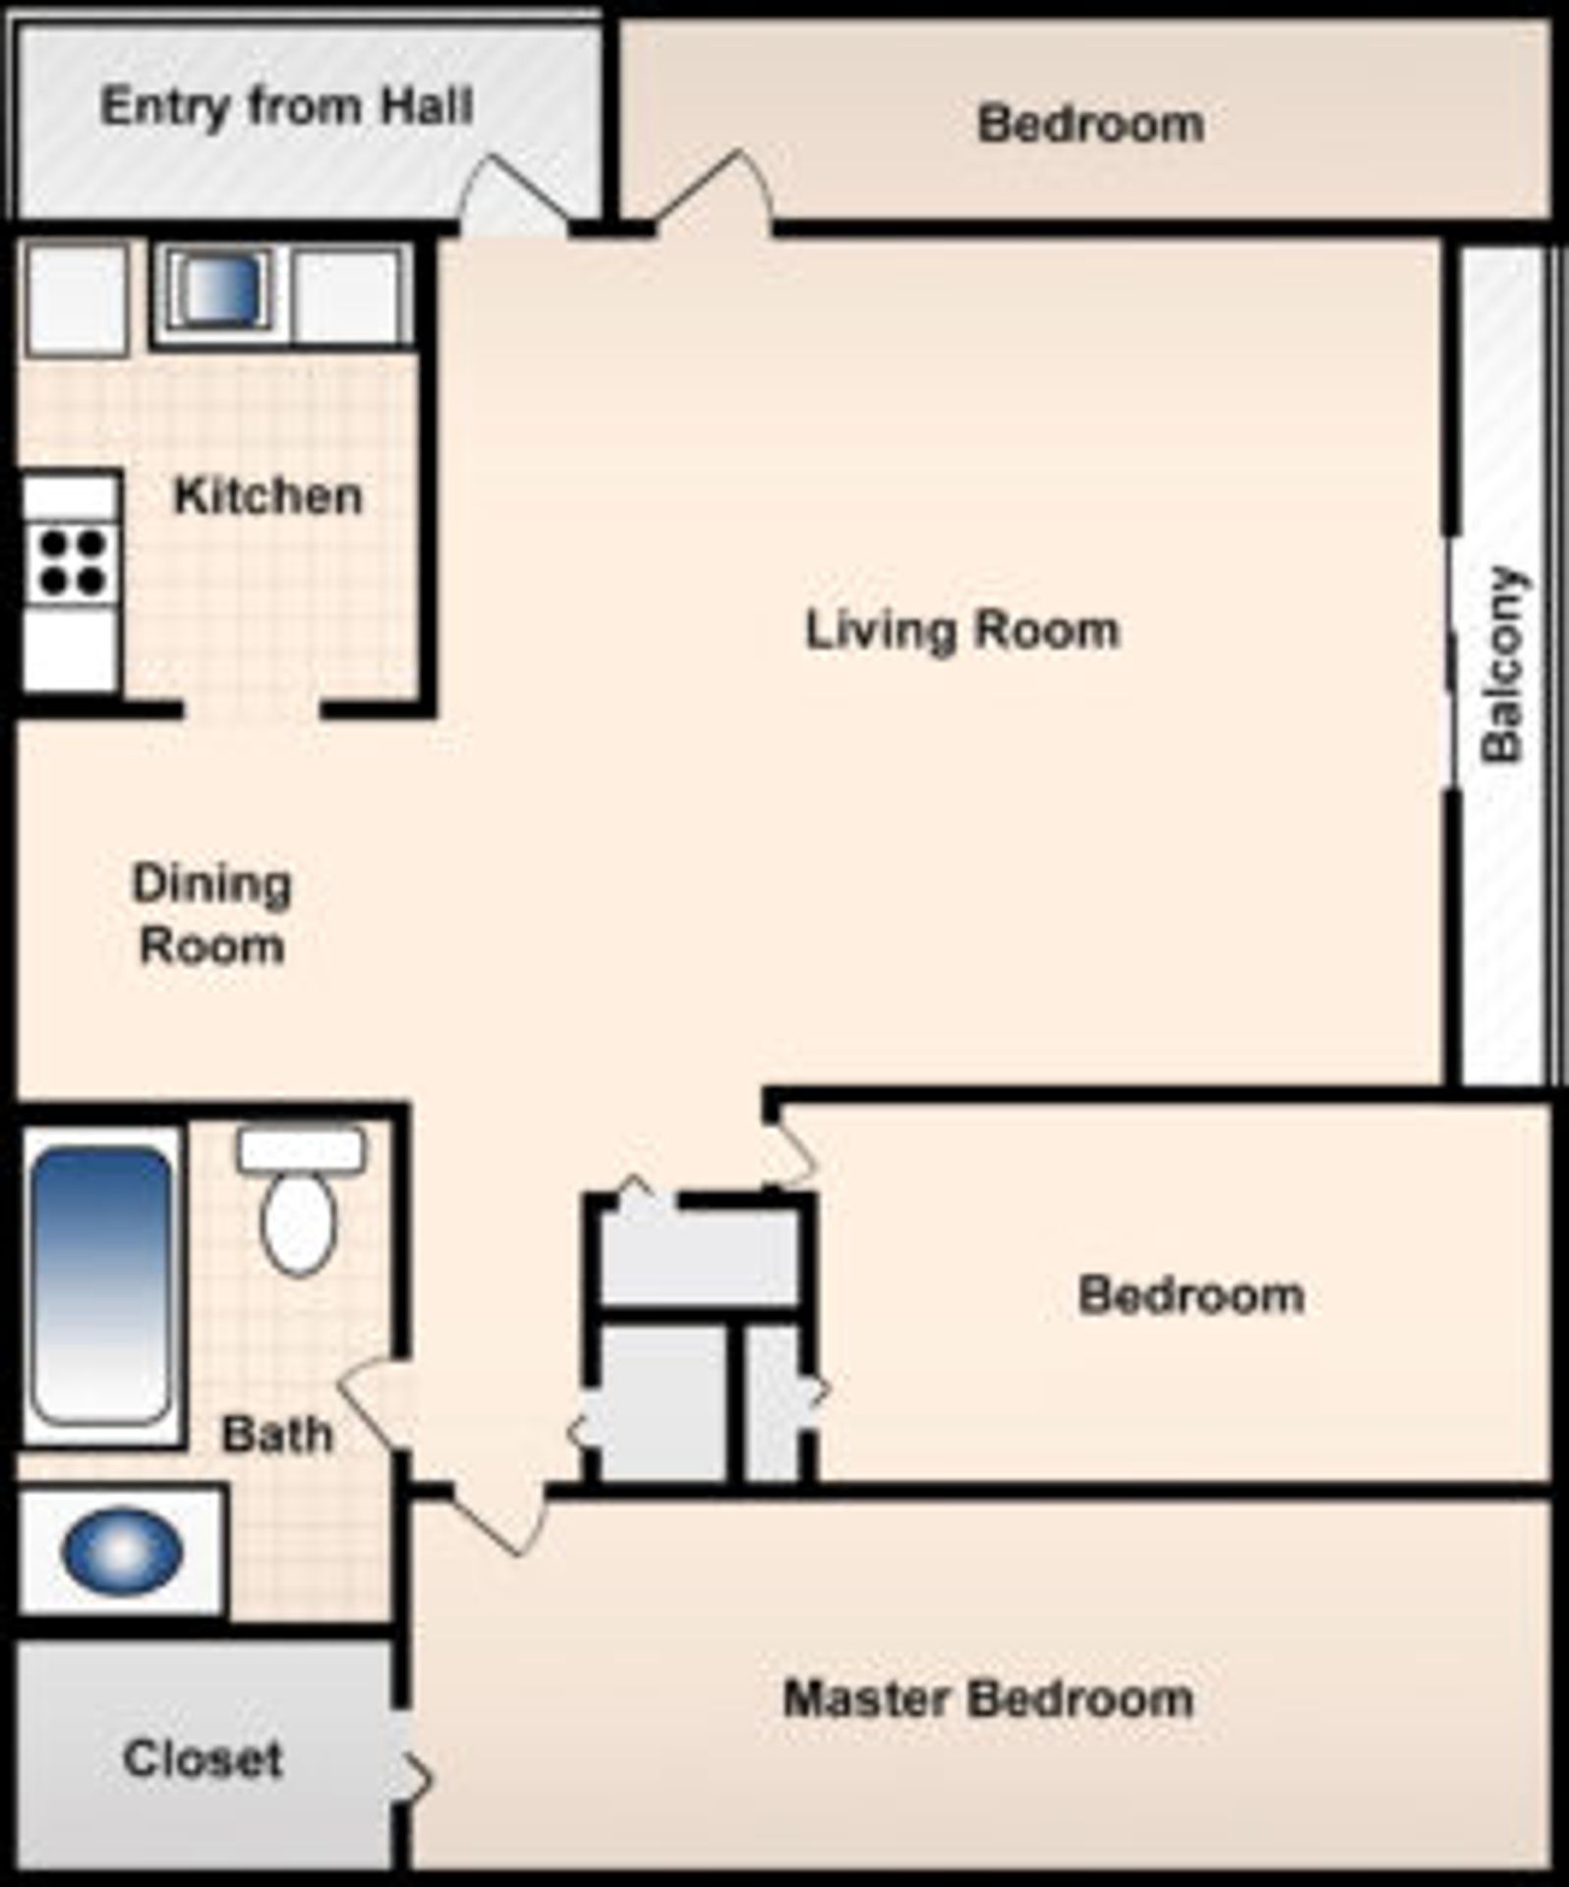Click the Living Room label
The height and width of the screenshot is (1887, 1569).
point(962,631)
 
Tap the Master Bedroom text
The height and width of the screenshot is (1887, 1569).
point(988,1698)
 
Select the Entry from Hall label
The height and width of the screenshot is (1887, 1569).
point(287,106)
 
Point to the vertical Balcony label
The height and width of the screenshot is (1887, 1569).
point(1502,664)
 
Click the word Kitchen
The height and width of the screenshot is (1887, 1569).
point(268,496)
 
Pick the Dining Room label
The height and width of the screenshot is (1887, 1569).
point(211,915)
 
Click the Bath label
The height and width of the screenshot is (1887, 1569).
point(277,1435)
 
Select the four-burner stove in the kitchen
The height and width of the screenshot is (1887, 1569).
point(71,563)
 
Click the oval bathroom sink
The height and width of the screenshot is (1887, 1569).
point(122,1551)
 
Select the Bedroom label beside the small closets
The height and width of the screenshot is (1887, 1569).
point(1191,1295)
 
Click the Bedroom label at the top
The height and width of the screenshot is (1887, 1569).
point(1090,125)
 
